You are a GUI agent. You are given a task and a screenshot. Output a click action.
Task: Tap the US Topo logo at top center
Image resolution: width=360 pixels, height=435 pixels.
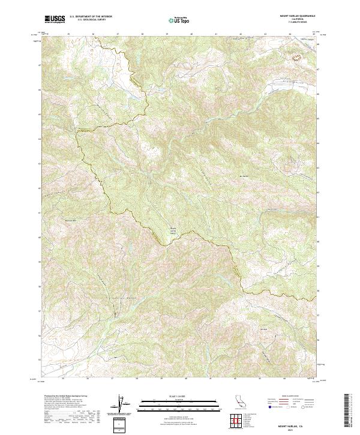pos(179,20)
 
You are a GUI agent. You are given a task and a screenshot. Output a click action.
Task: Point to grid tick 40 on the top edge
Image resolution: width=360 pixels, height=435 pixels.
pos(191,34)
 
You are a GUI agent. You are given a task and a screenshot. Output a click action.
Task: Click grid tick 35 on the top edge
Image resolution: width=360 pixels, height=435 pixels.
pos(68,34)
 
